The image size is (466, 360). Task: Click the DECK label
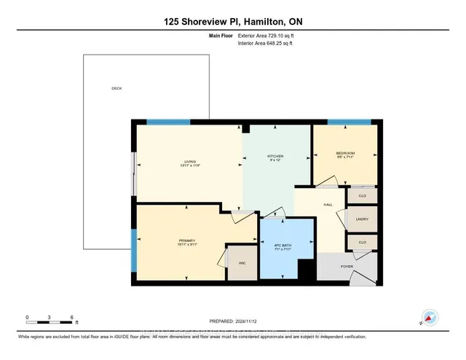click(116, 89)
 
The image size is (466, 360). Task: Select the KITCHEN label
click(275, 156)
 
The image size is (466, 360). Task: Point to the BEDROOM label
click(344, 153)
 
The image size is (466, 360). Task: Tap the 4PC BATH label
click(288, 245)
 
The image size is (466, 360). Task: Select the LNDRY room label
click(362, 219)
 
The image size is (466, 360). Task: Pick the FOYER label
click(347, 267)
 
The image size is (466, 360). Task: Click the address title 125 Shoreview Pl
click(232, 22)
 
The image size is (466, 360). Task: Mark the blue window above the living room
click(168, 122)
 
